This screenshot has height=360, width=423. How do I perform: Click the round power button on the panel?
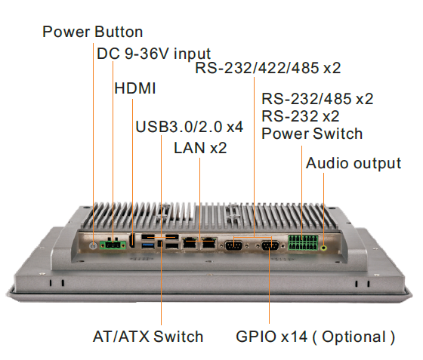pos(94,246)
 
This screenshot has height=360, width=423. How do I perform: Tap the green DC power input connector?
pos(113,245)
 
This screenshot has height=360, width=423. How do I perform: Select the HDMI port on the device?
pos(132,241)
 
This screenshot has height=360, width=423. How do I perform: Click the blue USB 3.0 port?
pos(148,245)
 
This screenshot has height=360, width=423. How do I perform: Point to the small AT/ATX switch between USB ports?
pos(160,244)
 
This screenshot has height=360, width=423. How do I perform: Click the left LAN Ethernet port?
pos(190,243)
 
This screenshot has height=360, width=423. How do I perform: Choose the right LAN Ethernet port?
pos(209,243)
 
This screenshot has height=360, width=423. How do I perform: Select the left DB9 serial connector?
pos(233,245)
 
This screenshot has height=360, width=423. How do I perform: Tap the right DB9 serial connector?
pos(270,245)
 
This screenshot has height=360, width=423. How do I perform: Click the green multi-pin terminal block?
pos(303,242)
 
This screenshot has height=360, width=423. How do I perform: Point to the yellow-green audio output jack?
pos(324,247)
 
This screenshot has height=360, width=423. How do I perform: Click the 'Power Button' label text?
pos(92,32)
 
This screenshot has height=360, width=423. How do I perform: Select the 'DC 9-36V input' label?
pos(154,54)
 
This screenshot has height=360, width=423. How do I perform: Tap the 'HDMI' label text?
pos(135,88)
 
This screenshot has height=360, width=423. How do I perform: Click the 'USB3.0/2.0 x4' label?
pos(190,127)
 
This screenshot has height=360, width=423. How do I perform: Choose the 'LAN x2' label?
pos(200,148)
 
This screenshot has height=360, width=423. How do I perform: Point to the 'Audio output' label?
pos(354,163)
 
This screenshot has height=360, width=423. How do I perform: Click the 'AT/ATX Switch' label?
pos(148,337)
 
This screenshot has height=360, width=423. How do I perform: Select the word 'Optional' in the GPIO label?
pos(354,337)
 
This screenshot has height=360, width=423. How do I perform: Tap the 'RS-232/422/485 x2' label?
pos(268,68)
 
